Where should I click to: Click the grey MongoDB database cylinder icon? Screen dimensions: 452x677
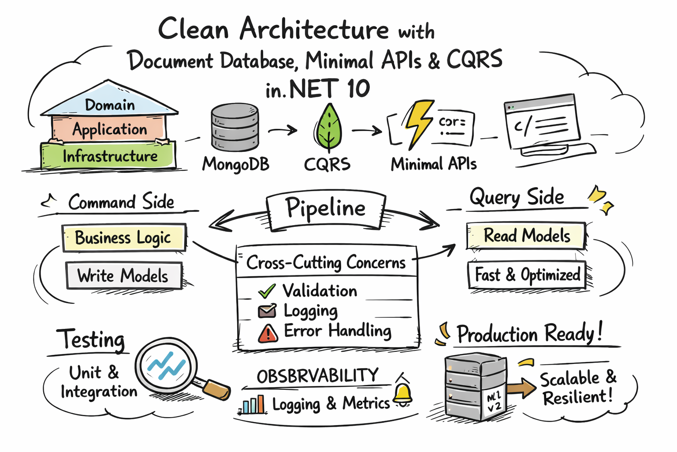click(234, 128)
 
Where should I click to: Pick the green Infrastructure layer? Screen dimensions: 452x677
click(109, 156)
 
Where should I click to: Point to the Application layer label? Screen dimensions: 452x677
click(110, 129)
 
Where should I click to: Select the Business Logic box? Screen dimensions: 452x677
click(123, 237)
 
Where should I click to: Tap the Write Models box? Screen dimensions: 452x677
click(123, 276)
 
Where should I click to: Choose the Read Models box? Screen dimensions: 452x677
click(526, 236)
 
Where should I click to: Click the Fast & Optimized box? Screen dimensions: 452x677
click(527, 275)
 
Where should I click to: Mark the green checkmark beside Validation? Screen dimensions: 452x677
click(267, 291)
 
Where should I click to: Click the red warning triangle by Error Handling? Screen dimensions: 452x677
click(268, 334)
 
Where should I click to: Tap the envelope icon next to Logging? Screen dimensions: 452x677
click(267, 311)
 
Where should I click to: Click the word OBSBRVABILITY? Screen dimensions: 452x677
click(317, 376)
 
